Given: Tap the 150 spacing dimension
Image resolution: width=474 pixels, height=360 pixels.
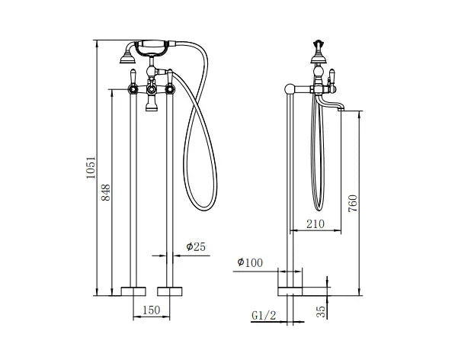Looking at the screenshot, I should (152, 310).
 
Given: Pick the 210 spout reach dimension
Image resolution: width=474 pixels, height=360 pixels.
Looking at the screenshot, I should (315, 224).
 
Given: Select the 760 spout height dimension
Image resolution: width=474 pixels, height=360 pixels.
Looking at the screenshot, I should (352, 203).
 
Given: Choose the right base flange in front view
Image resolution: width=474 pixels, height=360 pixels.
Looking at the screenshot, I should (171, 291).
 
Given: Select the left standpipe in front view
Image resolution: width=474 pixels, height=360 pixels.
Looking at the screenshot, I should (136, 191).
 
